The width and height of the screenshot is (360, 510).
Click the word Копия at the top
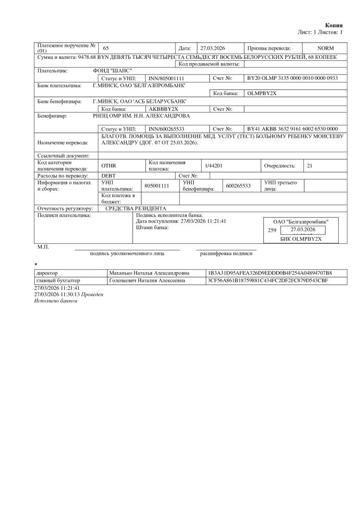pyautogui.click(x=334, y=25)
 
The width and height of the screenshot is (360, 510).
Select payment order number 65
pyautogui.click(x=106, y=48)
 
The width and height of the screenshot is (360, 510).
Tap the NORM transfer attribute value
pyautogui.click(x=325, y=48)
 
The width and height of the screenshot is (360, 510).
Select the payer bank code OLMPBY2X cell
pyautogui.click(x=262, y=93)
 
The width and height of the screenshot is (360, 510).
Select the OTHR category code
pyautogui.click(x=108, y=166)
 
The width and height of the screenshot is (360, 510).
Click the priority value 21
pyautogui.click(x=310, y=166)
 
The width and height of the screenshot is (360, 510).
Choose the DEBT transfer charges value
pyautogui.click(x=108, y=176)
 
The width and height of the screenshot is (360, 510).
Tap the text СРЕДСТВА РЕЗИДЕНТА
pyautogui.click(x=136, y=209)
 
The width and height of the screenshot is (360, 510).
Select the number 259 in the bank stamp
pyautogui.click(x=272, y=230)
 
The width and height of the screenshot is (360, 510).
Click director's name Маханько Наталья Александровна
pyautogui.click(x=146, y=273)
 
